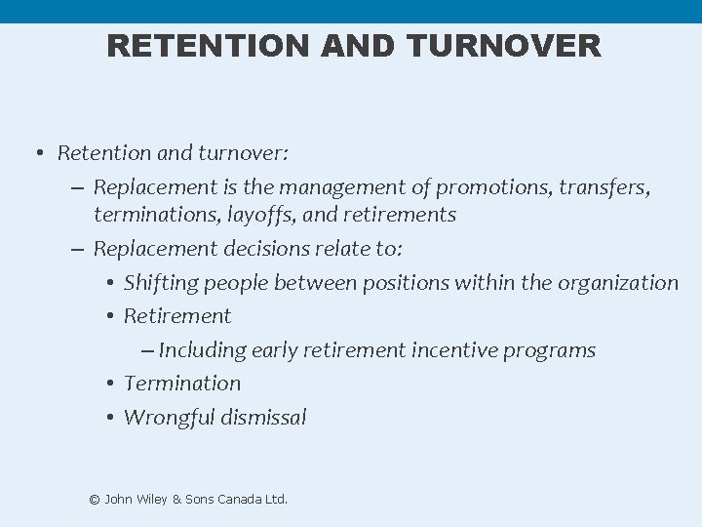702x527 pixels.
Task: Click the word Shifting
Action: (x=159, y=283)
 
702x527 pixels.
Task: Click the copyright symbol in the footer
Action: (x=95, y=500)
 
